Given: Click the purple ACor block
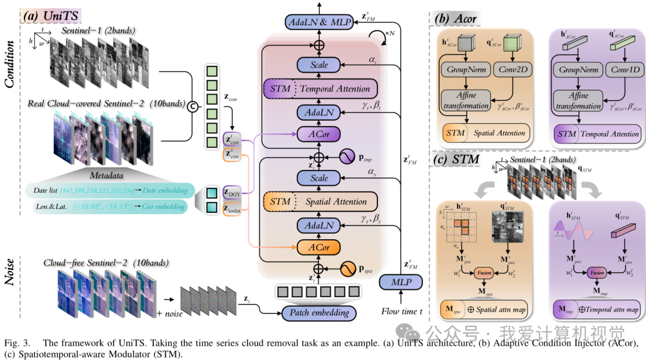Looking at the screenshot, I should pyautogui.click(x=318, y=133).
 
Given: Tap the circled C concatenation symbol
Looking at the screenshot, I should pyautogui.click(x=193, y=107).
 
